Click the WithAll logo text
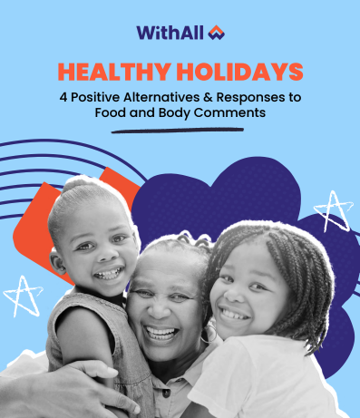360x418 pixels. pos(170,33)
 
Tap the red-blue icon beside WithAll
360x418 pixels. pos(215,33)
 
